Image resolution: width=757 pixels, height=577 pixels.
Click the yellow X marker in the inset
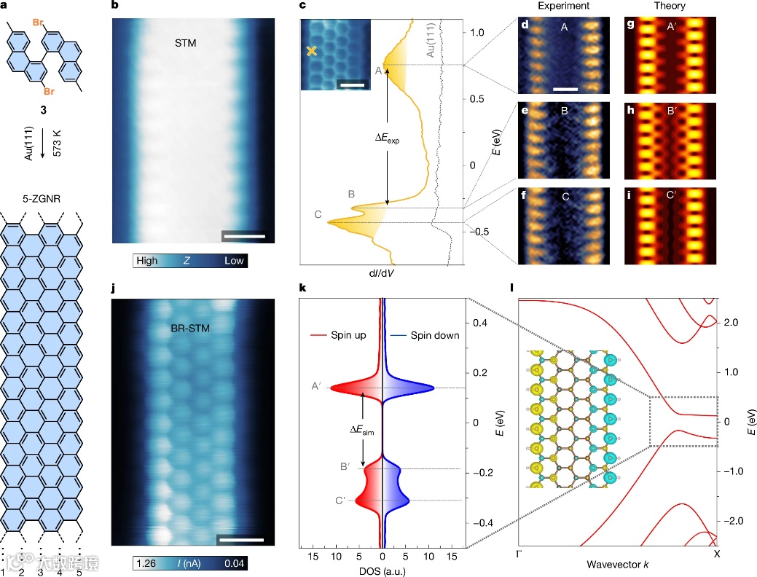(312, 51)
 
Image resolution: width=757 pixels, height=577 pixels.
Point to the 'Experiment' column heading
(564, 6)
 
